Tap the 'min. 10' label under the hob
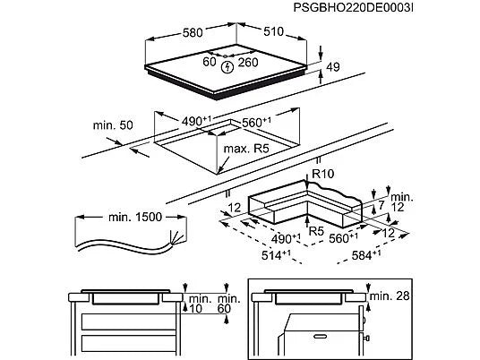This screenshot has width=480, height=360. coord(198,302)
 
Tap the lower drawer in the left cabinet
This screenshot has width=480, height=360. coord(124,343)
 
